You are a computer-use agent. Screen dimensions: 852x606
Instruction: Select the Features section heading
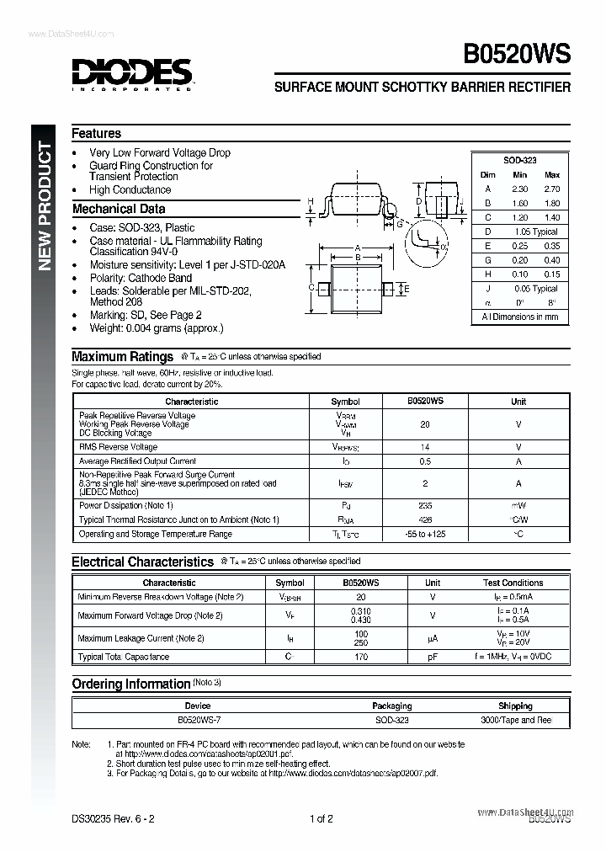click(x=97, y=133)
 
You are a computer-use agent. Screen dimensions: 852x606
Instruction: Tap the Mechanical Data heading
click(x=119, y=209)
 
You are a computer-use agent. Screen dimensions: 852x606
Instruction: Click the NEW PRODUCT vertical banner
click(x=45, y=206)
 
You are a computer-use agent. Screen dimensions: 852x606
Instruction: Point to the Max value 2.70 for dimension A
click(x=551, y=189)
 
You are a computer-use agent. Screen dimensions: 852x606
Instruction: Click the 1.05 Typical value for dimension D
click(x=534, y=232)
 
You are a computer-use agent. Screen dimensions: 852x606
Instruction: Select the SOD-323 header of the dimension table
click(x=520, y=160)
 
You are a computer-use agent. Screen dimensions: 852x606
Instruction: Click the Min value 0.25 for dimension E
click(x=520, y=246)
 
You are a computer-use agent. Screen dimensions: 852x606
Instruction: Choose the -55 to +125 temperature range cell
click(x=425, y=534)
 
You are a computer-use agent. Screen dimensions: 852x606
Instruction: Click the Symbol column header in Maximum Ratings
click(x=345, y=402)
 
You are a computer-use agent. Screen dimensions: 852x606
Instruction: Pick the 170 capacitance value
click(x=360, y=657)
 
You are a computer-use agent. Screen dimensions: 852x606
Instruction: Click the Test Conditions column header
click(x=513, y=583)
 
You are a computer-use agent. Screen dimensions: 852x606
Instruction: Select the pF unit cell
click(x=433, y=657)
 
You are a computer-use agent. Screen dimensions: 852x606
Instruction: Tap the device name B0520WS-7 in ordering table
click(x=198, y=720)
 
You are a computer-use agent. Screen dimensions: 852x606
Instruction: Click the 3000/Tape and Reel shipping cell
click(x=515, y=720)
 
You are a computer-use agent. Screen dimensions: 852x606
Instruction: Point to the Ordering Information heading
click(x=130, y=684)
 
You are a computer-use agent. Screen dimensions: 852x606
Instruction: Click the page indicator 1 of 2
click(x=322, y=818)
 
